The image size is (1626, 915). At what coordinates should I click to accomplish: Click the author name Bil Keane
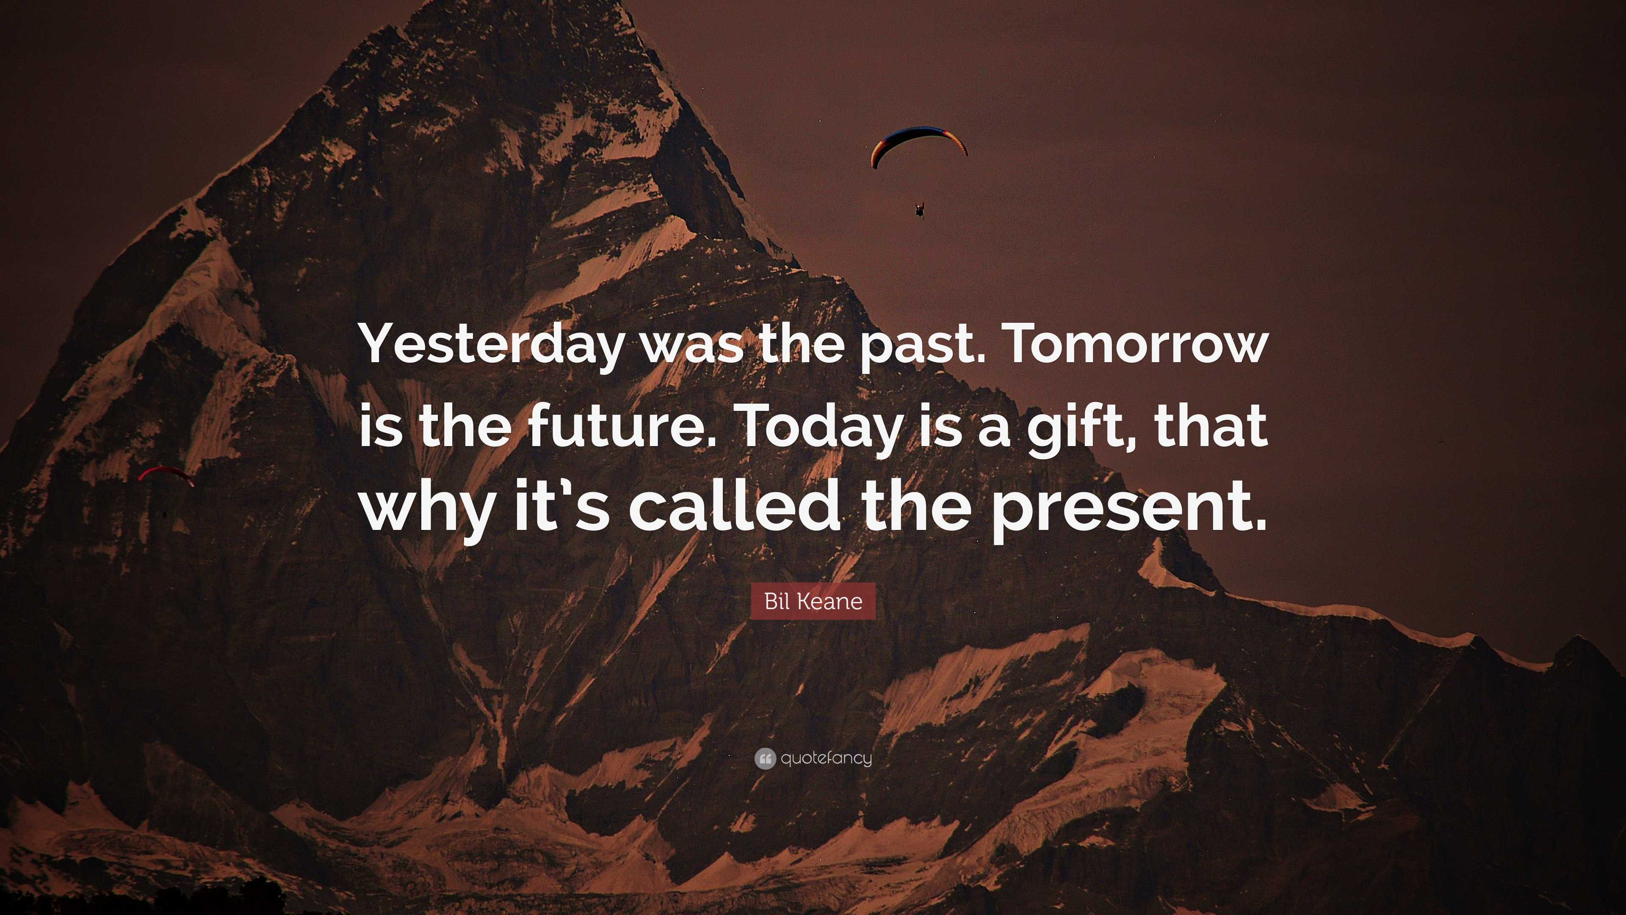(813, 601)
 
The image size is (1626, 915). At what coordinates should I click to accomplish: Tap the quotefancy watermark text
(826, 758)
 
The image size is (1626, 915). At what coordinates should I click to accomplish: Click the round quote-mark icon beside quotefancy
(764, 758)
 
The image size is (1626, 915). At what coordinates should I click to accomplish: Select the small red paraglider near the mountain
(166, 474)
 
